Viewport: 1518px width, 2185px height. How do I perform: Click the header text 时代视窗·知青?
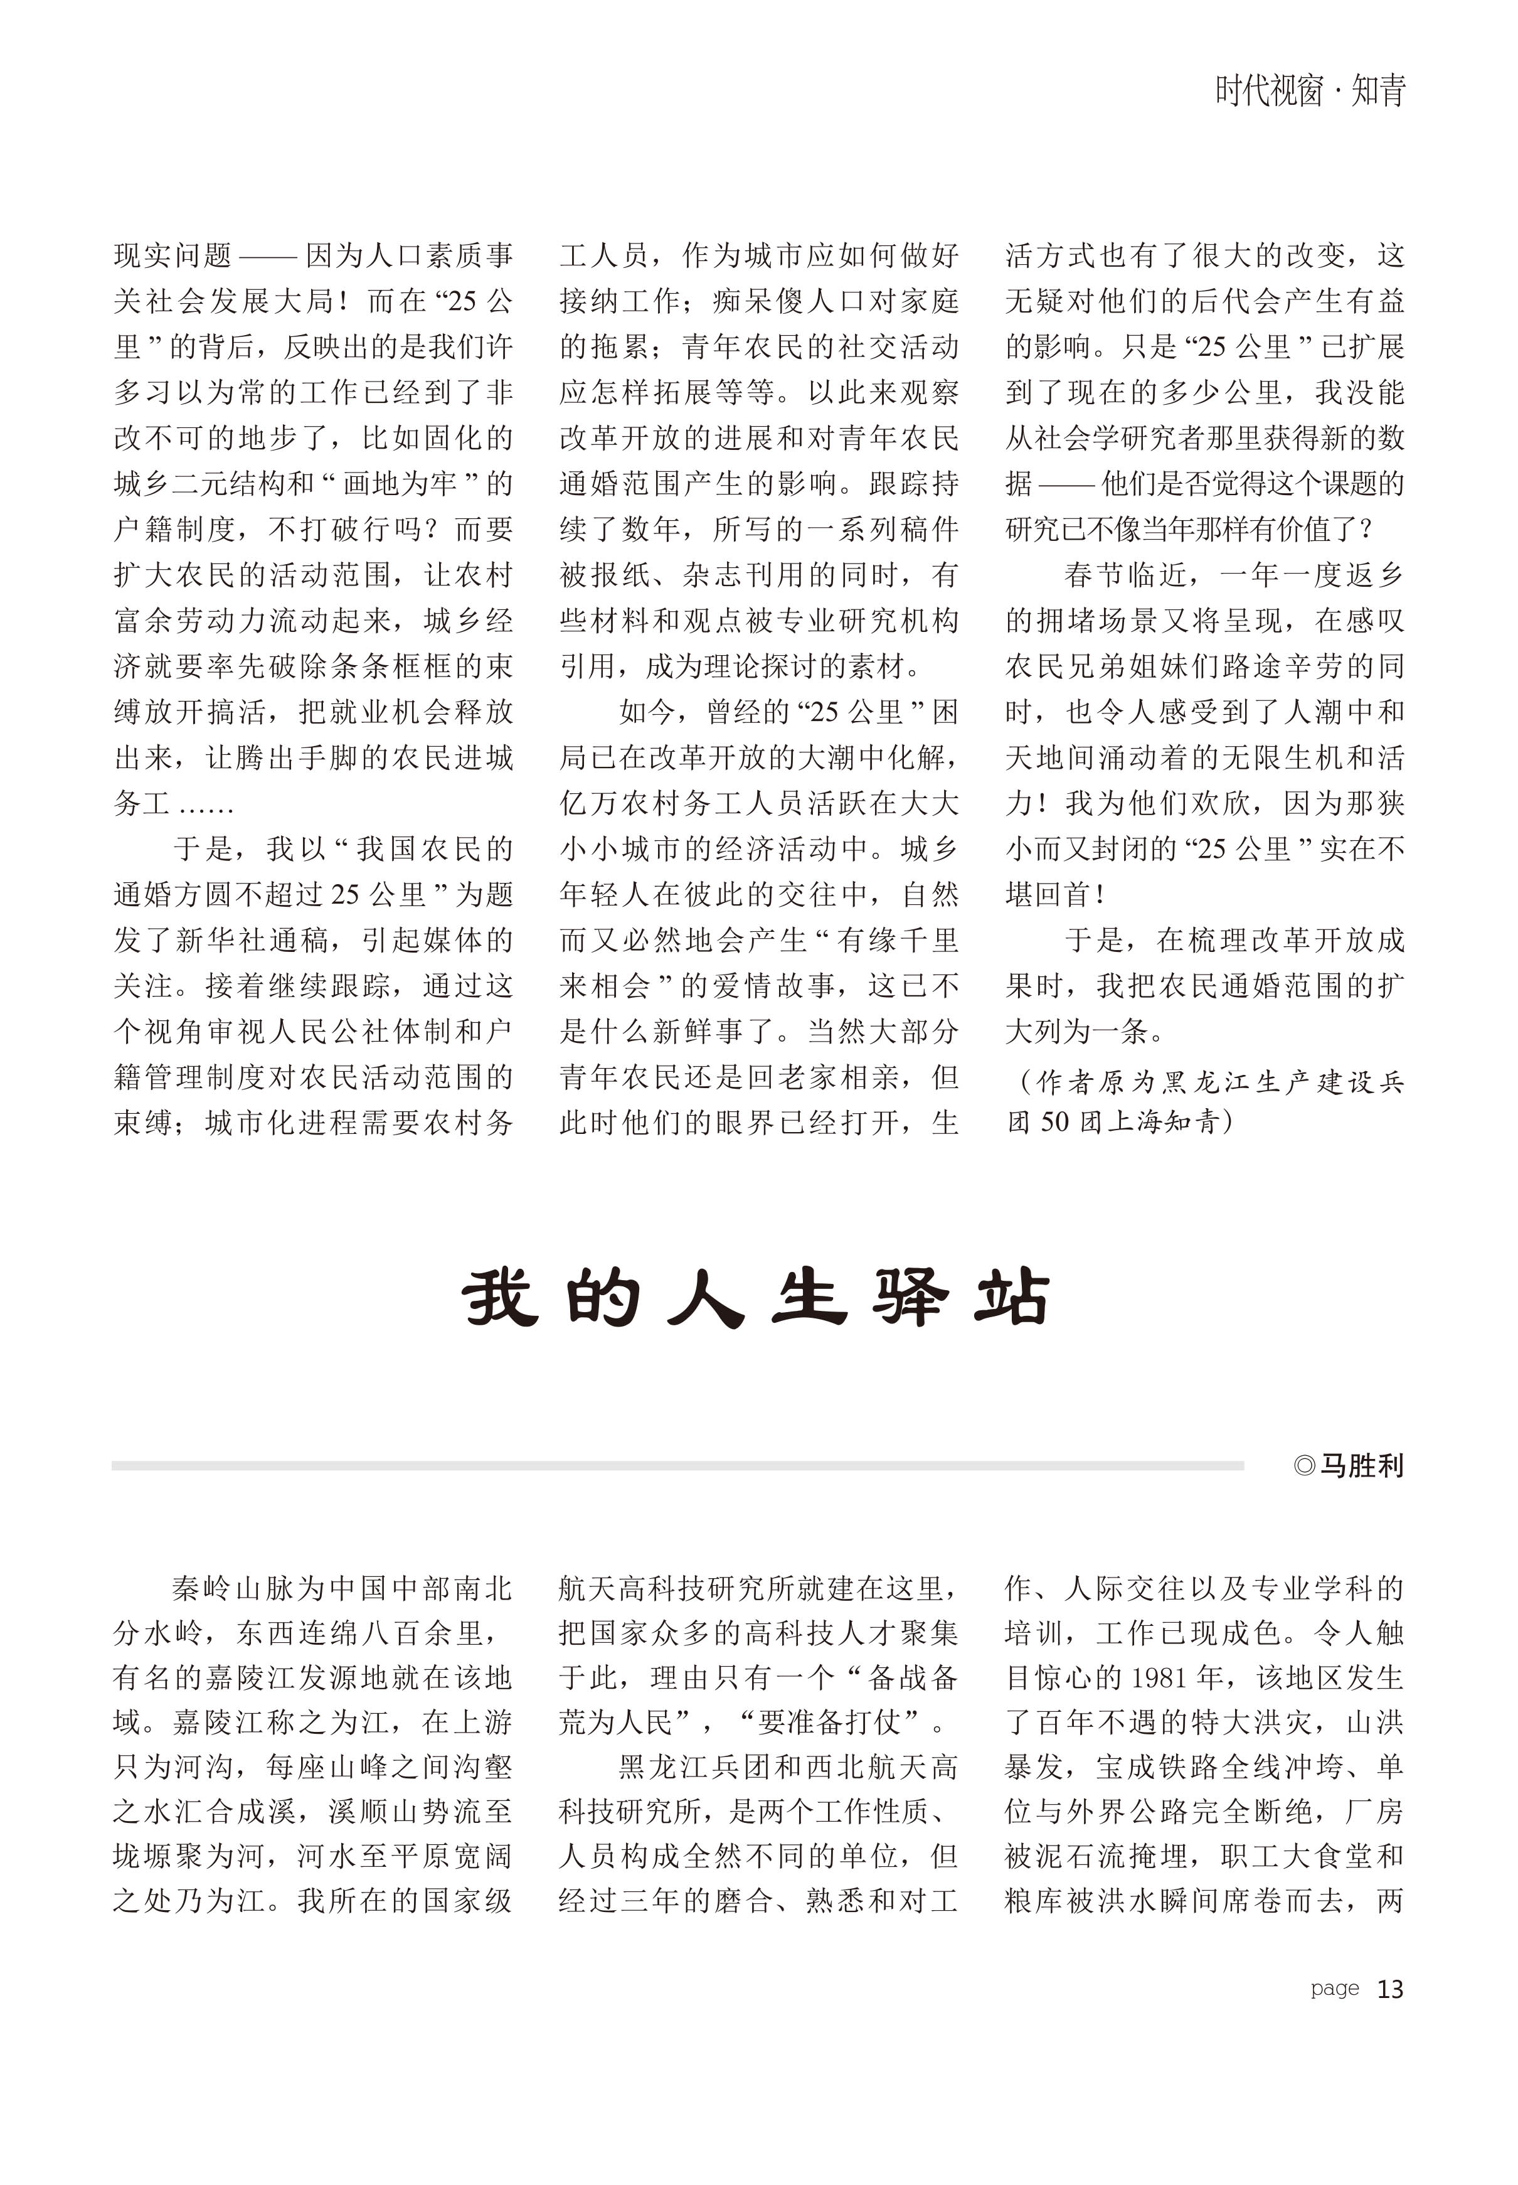(1310, 92)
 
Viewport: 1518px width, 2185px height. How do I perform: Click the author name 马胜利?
(1362, 1466)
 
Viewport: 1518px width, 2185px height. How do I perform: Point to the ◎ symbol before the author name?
(1304, 1466)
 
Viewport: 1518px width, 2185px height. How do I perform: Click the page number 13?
(1389, 1990)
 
